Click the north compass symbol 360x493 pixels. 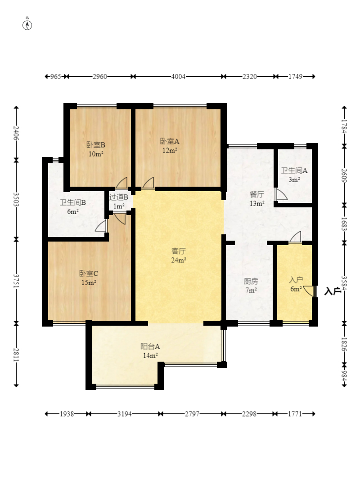27,24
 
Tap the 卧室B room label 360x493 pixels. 96,145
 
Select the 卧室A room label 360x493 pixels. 170,142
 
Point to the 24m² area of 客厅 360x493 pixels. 179,260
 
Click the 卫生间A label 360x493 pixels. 294,171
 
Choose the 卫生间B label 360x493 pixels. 73,203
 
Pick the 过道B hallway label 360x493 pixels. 118,197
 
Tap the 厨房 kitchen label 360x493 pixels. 251,282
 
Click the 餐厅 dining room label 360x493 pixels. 257,195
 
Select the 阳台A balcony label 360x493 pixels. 150,346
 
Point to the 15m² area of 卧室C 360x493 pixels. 89,282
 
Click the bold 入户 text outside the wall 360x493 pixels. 333,291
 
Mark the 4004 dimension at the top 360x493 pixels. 178,76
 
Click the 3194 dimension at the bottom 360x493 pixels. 125,414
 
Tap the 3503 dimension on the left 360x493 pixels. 16,200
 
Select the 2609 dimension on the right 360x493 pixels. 344,175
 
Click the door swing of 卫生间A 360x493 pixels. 280,194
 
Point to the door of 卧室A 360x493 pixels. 148,184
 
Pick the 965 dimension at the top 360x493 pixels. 56,76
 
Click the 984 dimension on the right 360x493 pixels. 344,376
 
